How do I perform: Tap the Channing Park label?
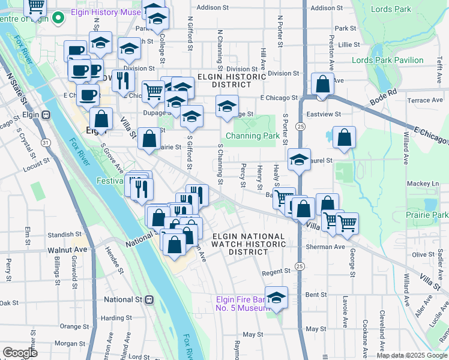click(253, 136)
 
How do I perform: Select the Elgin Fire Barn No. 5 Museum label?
click(241, 304)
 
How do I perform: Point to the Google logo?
click(20, 353)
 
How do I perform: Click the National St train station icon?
click(149, 299)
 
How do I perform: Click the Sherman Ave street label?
click(327, 247)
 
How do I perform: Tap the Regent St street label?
click(276, 271)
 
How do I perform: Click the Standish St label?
click(65, 234)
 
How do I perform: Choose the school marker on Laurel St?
click(299, 160)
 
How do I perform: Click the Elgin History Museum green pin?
click(58, 18)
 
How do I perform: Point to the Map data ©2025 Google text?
click(412, 355)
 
